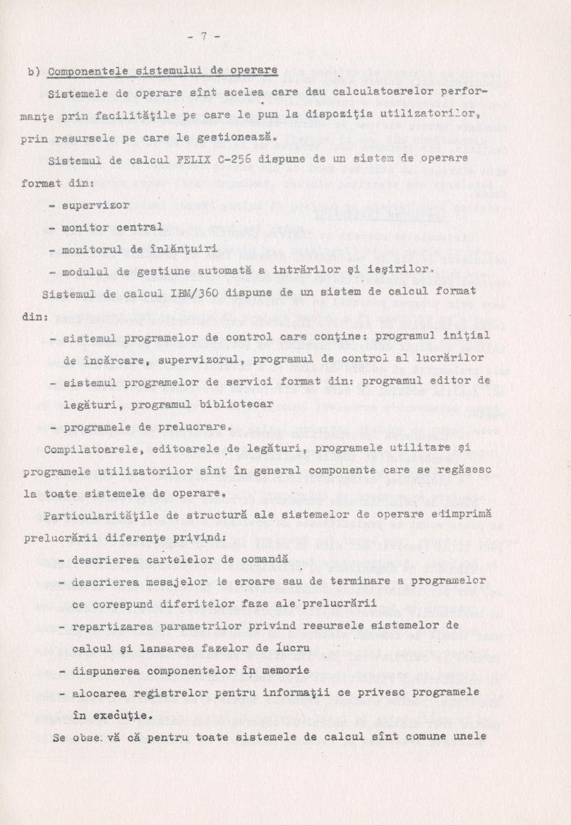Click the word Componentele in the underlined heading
pos(80,71)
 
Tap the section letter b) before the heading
pos(32,71)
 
